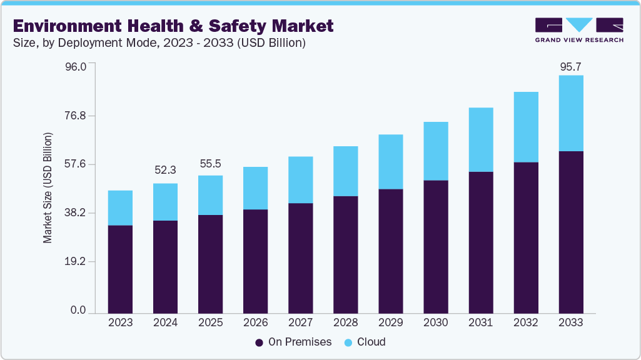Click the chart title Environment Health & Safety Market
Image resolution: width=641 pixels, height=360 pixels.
(173, 26)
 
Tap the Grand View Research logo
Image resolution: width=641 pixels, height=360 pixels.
(579, 30)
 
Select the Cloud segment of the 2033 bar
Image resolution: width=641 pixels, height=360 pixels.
(571, 113)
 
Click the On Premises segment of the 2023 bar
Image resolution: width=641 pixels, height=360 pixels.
(120, 269)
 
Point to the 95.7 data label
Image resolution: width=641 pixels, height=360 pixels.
(571, 67)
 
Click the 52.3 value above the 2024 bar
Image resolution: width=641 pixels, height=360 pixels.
(165, 170)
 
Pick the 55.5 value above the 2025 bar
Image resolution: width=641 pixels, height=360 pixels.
(210, 164)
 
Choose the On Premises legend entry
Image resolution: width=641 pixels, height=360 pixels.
(290, 342)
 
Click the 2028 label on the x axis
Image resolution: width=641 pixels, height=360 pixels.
(345, 322)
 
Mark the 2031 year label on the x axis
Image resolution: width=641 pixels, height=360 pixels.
(481, 322)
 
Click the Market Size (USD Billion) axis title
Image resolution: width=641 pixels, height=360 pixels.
(48, 187)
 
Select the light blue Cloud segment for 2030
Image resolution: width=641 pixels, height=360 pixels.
(436, 151)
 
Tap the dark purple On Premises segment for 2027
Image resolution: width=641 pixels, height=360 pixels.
(300, 257)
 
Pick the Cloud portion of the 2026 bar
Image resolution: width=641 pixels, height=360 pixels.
(255, 188)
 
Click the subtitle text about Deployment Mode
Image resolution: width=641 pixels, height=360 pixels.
(159, 43)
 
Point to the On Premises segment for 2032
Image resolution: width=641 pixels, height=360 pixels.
(526, 237)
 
